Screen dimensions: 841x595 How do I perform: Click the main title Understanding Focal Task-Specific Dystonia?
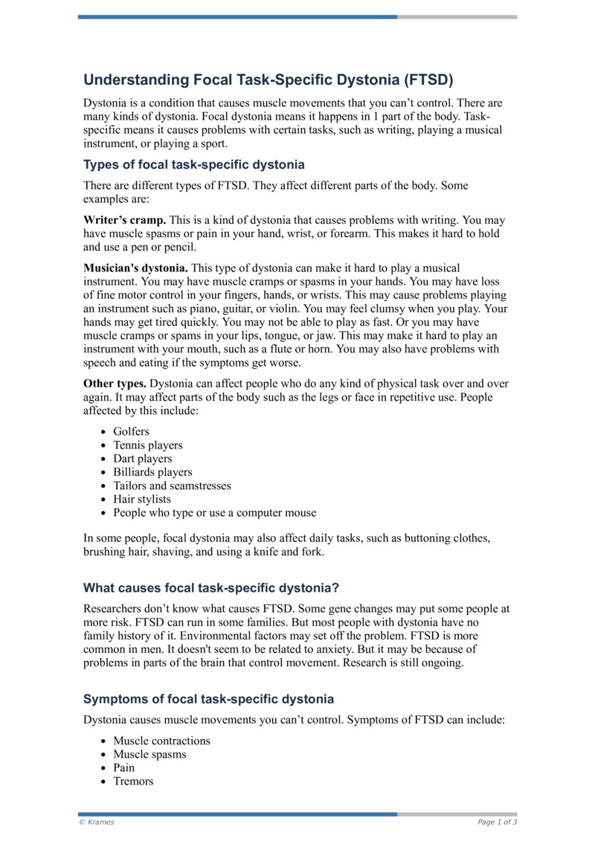(x=268, y=80)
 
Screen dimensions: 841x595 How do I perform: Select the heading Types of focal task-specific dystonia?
(x=193, y=164)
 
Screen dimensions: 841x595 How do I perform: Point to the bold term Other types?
(x=115, y=384)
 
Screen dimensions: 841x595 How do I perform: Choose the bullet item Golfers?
(x=131, y=432)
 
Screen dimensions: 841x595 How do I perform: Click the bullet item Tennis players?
(x=147, y=445)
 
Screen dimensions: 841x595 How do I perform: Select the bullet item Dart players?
(x=142, y=459)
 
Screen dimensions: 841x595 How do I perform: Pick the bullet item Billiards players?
(x=152, y=472)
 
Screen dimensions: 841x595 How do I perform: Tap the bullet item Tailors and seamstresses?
(x=172, y=486)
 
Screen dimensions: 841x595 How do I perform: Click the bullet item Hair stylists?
(x=141, y=499)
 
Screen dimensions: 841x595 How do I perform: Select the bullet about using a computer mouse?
(x=214, y=512)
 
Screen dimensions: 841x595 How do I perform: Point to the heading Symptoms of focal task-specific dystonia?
(x=208, y=699)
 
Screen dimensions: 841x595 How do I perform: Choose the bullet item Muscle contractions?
(x=161, y=741)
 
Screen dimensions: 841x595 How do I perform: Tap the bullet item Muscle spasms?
(x=149, y=754)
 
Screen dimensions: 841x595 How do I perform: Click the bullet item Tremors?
(x=133, y=781)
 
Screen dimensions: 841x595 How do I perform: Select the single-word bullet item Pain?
(x=124, y=767)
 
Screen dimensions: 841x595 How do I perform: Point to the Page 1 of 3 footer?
(x=497, y=822)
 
